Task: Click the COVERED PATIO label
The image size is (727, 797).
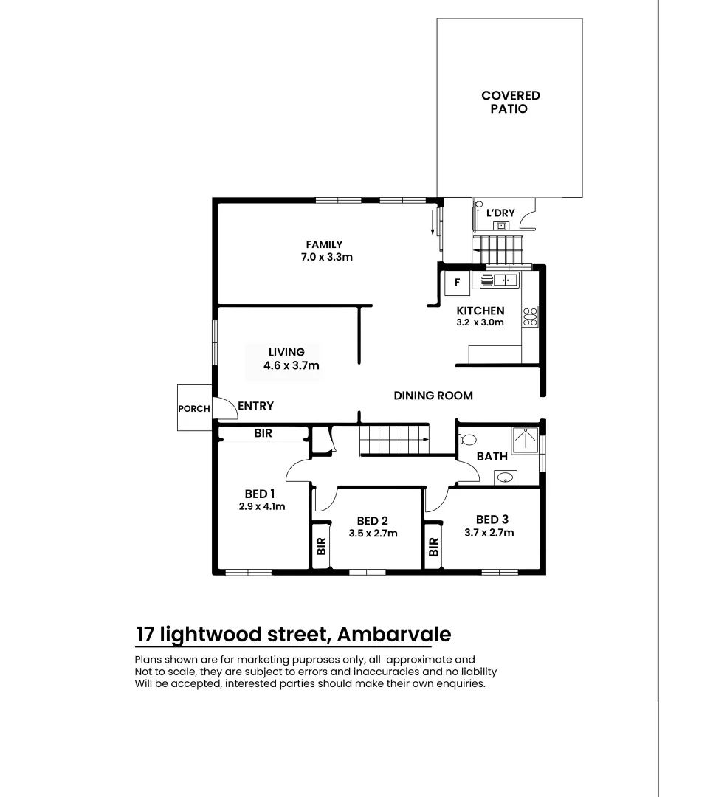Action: [510, 102]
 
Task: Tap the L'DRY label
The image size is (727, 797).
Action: [500, 213]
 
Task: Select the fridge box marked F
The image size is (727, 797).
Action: [458, 281]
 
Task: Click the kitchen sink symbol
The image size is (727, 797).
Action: [500, 280]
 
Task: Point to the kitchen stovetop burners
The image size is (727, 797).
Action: [530, 317]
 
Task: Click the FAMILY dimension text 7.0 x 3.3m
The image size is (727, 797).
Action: [324, 258]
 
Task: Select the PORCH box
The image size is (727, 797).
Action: [194, 408]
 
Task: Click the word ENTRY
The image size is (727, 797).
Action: [255, 406]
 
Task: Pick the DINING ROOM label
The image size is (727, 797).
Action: [433, 396]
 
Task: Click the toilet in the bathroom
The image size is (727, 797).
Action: [466, 440]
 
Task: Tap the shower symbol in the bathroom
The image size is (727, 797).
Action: [526, 440]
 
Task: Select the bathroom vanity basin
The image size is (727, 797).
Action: [506, 477]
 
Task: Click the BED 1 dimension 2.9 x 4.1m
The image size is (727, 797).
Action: [261, 506]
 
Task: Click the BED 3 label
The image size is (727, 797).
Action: [492, 520]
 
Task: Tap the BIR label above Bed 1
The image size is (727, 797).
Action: [263, 434]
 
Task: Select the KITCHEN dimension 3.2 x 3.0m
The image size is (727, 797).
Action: [480, 322]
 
